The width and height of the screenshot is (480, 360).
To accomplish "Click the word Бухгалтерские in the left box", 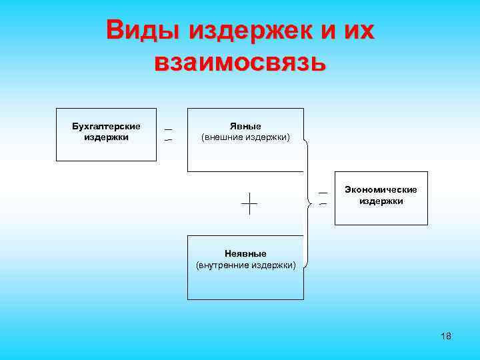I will coord(106,126).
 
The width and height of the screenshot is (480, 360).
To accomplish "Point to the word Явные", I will coord(245,126).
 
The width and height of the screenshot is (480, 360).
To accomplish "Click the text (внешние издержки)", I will coord(245,137).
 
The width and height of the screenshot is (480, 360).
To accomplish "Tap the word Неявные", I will coord(245,253).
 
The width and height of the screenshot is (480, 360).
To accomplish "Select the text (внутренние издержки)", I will coord(245,265).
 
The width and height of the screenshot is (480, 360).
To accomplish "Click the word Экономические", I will coord(381,189).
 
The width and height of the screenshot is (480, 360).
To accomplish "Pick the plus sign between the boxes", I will coord(249,203).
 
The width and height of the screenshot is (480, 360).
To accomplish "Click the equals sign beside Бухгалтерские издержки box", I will coord(169,135).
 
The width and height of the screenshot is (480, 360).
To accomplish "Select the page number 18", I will coord(446,336).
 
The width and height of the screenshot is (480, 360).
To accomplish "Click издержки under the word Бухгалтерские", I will coord(106,137).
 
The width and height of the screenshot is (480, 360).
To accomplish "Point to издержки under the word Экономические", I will coord(381,201).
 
